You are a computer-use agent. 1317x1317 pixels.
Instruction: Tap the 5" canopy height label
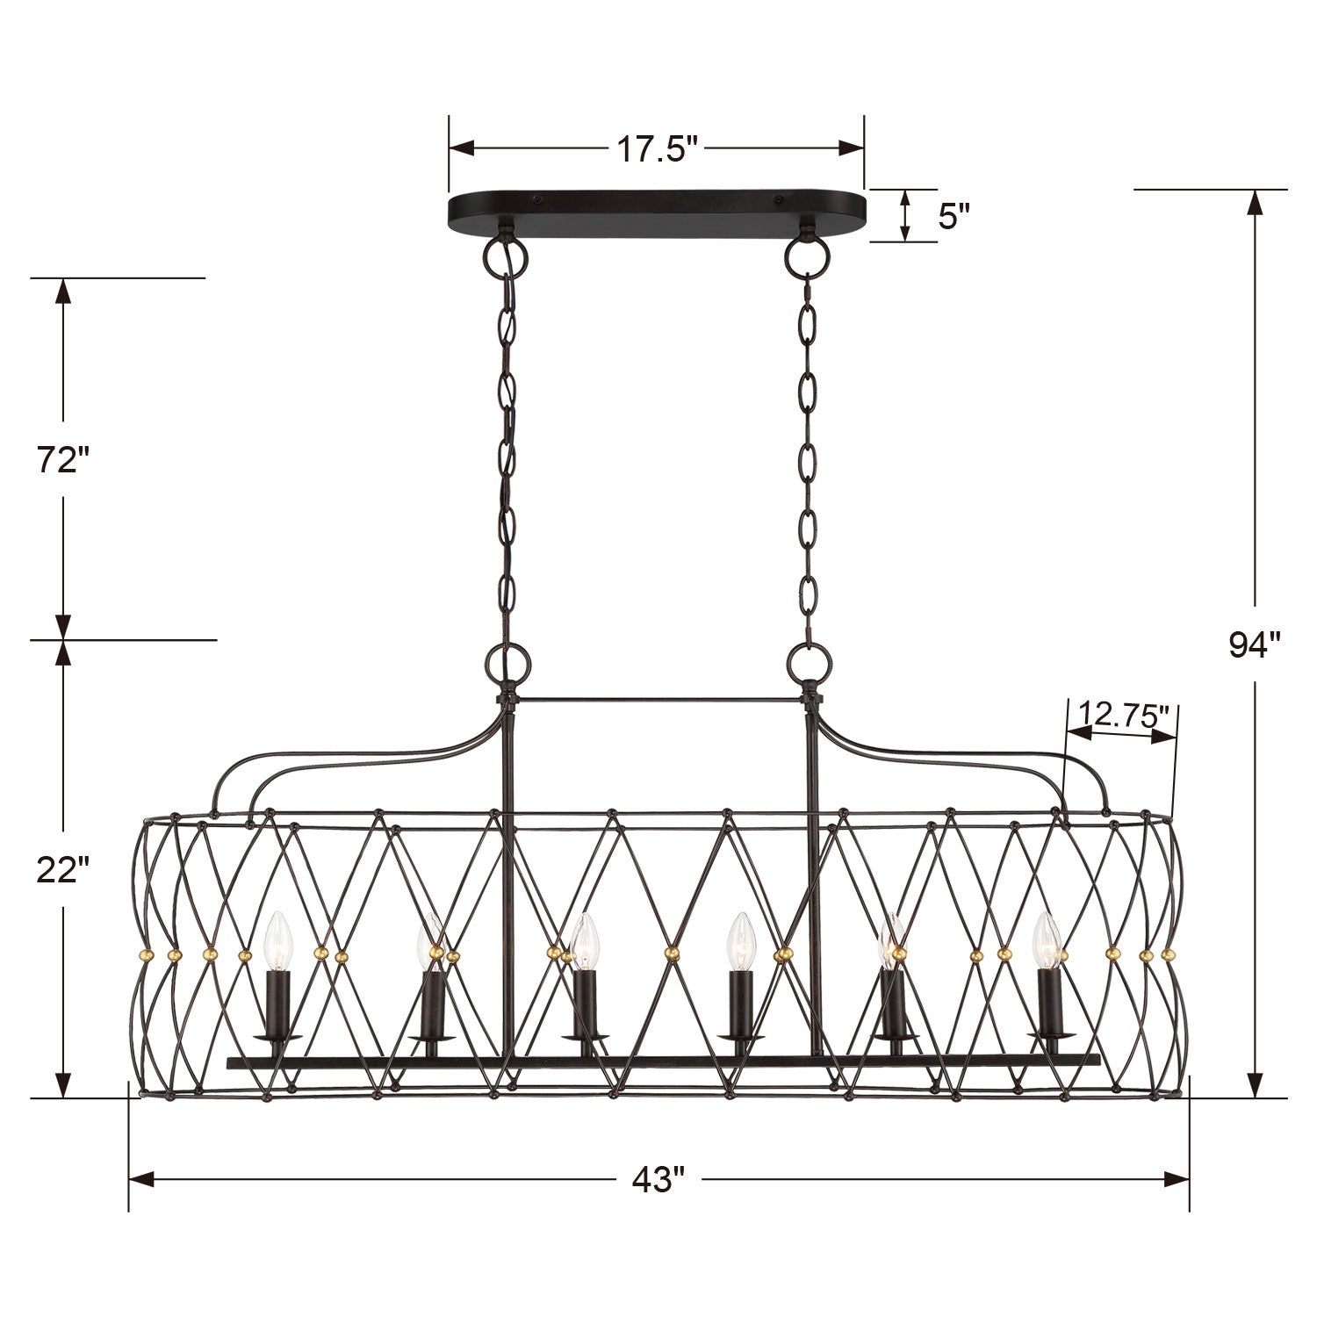[954, 215]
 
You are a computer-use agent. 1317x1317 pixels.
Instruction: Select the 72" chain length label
[64, 460]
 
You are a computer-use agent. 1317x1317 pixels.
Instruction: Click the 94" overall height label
[1255, 645]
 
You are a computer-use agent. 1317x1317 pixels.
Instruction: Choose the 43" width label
[658, 1178]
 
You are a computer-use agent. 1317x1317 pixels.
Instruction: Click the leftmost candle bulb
[277, 939]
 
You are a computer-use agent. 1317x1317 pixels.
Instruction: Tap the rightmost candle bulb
[1047, 939]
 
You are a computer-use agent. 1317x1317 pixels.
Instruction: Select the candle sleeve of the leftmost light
[277, 1001]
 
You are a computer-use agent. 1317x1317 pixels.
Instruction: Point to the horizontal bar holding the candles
[663, 1062]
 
